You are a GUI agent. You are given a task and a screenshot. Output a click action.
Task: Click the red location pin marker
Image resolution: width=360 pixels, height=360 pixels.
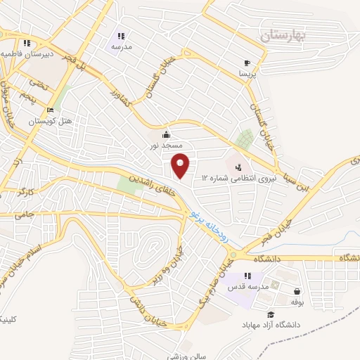tap(181, 165)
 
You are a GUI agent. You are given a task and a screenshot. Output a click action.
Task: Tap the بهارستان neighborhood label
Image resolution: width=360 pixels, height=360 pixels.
tap(283, 36)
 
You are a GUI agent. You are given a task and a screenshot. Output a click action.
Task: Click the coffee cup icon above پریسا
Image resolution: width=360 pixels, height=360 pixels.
tap(247, 62)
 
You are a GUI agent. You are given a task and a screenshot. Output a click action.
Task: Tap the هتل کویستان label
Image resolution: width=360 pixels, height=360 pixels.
tap(51, 121)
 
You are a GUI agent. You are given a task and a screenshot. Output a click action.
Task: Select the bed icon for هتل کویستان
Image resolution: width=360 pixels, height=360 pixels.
tap(49, 110)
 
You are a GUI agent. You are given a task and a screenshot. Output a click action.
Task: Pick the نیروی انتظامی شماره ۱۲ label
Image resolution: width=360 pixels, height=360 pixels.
tap(232, 179)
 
